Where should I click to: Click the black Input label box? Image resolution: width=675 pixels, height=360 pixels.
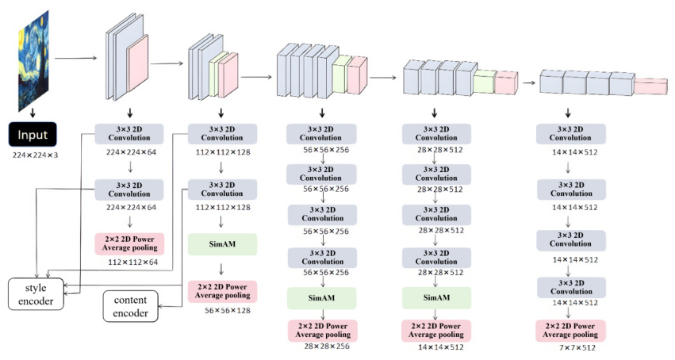[33, 135]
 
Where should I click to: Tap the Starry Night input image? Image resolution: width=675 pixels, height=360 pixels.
[33, 62]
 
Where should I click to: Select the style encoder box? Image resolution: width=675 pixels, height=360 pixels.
[36, 294]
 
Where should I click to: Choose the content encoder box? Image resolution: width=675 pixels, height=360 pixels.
[130, 306]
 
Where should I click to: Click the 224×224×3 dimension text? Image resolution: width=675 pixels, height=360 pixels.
[35, 155]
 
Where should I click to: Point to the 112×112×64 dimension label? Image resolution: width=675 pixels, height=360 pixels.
[132, 262]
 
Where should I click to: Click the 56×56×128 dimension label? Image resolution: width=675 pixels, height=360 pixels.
[228, 310]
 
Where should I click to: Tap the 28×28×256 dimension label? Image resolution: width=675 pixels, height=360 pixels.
[327, 347]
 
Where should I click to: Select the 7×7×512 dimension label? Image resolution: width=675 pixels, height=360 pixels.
[577, 347]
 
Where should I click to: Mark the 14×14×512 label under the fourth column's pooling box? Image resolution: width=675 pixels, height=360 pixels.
[441, 347]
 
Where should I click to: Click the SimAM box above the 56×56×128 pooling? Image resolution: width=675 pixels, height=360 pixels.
[222, 244]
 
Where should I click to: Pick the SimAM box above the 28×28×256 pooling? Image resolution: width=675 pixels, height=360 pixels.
[321, 297]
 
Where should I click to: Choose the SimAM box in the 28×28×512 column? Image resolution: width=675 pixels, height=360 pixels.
[436, 297]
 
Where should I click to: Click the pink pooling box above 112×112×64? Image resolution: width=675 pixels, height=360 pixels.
[129, 243]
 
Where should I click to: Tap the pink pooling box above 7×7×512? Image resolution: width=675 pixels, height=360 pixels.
[570, 331]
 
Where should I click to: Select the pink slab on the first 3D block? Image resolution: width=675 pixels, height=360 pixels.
[137, 63]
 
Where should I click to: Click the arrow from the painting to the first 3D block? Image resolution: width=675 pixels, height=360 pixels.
[76, 58]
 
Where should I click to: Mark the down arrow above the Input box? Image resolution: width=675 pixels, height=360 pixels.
[33, 113]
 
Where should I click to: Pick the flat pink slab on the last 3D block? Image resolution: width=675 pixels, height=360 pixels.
[650, 86]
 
